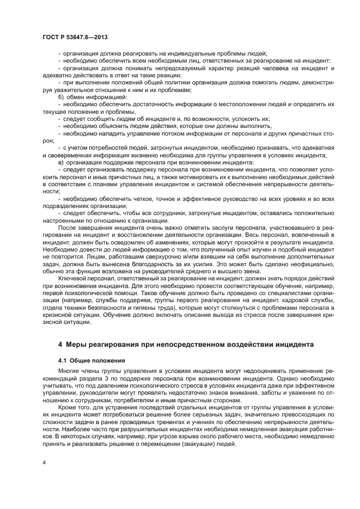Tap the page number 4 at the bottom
point(44,463)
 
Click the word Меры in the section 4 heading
point(76,345)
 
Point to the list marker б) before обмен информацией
point(60,96)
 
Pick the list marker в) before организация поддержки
point(60,162)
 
